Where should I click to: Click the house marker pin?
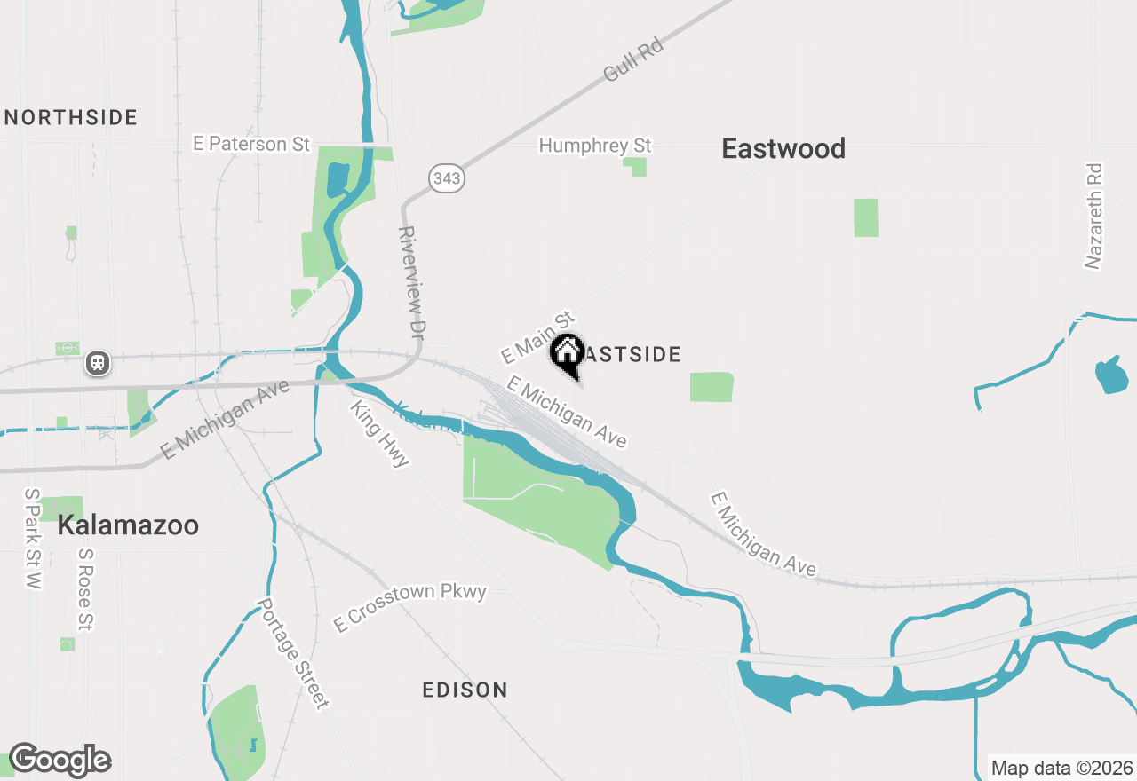coord(567,354)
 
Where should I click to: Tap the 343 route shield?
coord(447,178)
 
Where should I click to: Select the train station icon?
coord(98,363)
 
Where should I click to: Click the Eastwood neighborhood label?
coord(783,148)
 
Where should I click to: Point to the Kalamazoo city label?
coord(128,525)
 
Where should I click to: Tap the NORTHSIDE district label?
coord(71,117)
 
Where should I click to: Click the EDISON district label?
coord(465,690)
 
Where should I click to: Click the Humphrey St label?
coord(595,145)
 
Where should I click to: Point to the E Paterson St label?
coord(252,144)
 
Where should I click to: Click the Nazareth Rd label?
coord(1093,216)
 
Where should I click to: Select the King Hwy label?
coord(380,434)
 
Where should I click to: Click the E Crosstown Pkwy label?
coord(409,607)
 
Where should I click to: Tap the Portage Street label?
coord(292,653)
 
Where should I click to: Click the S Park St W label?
coord(32,538)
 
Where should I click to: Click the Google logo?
coord(60,761)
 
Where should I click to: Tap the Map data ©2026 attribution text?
coord(1061,768)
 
